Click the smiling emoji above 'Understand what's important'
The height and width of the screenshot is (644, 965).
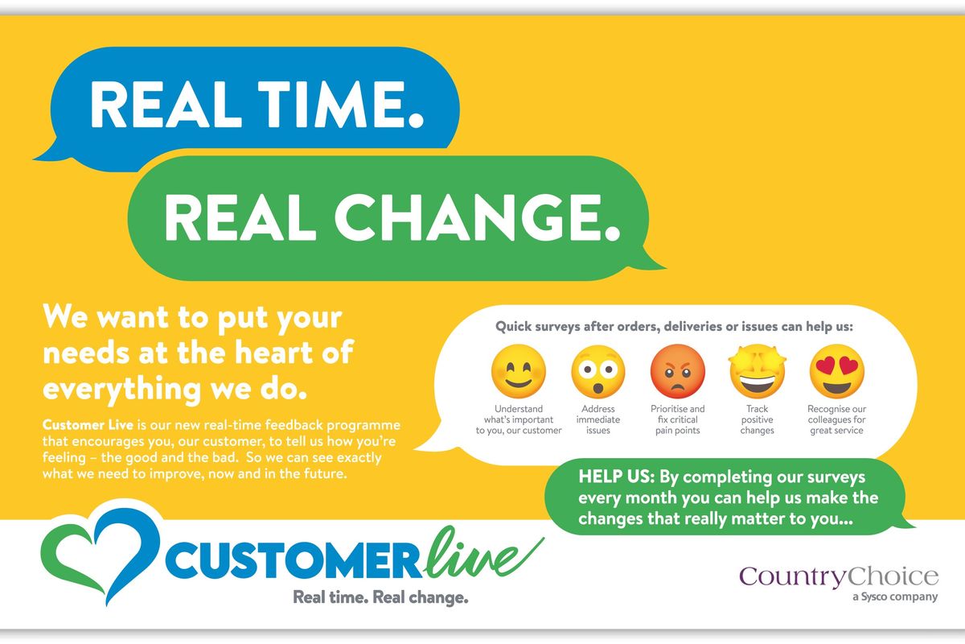519,372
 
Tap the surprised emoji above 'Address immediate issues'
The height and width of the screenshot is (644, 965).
598,372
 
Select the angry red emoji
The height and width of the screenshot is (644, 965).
677,372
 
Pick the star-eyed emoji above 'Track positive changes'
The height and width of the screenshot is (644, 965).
757,372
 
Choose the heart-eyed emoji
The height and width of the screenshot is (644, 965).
836,372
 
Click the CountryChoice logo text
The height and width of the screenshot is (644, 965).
839,576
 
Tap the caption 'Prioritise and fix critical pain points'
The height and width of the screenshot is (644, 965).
677,419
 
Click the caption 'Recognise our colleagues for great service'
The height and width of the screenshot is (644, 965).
836,419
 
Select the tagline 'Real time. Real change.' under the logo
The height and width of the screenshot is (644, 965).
380,598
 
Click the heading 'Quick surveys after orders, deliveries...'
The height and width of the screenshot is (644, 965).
674,328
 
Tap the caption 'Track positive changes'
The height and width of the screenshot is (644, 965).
757,419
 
